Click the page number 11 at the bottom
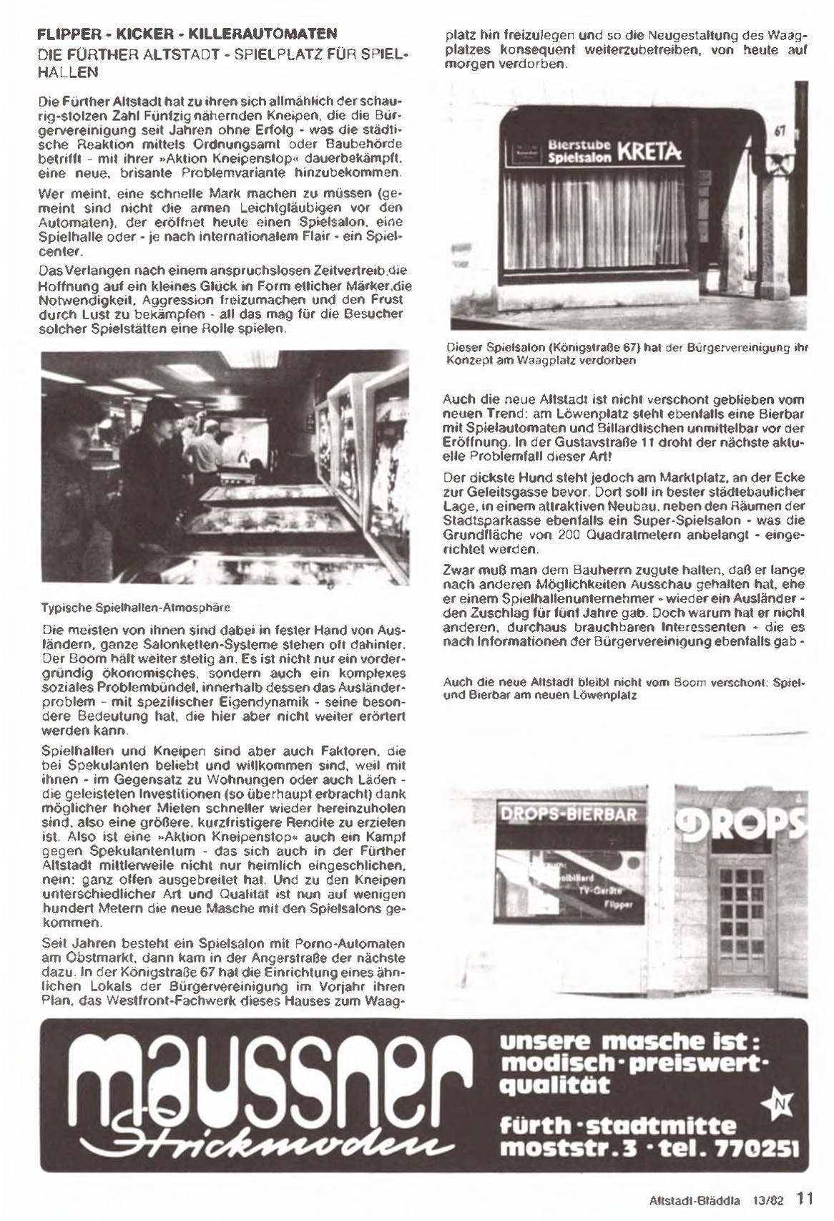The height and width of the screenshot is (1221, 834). tap(805, 1197)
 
